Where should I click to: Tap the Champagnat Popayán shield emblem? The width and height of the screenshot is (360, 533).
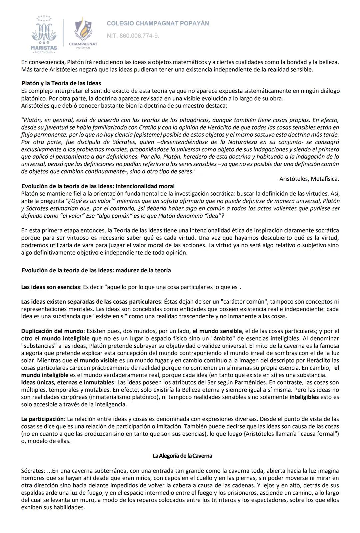[x=83, y=31]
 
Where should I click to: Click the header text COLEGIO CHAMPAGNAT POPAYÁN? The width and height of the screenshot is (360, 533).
[x=158, y=23]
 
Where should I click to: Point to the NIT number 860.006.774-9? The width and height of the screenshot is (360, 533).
[x=133, y=36]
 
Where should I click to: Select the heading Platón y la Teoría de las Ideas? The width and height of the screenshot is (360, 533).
[x=61, y=83]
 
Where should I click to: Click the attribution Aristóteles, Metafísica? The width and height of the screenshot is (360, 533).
[x=309, y=179]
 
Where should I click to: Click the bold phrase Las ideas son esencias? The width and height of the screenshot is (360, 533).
[x=50, y=287]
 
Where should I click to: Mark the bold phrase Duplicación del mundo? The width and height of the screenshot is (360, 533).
[x=52, y=331]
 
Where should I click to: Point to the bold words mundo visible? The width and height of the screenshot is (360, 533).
[x=98, y=360]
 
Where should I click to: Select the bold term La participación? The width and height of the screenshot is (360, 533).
[x=42, y=419]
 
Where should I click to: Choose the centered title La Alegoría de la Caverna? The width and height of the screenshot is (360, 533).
[x=182, y=456]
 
